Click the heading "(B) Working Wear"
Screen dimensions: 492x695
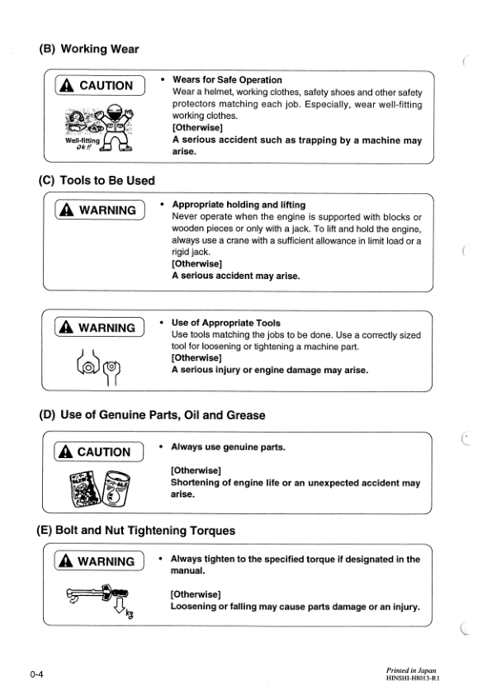tap(88, 50)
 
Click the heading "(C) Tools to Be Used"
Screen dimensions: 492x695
tap(97, 180)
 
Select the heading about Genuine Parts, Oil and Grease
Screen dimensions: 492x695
tap(152, 415)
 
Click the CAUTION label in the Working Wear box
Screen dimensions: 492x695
tap(97, 86)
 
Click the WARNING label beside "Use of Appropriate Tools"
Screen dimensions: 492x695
tap(97, 328)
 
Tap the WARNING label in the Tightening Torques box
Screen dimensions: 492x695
tap(97, 562)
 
